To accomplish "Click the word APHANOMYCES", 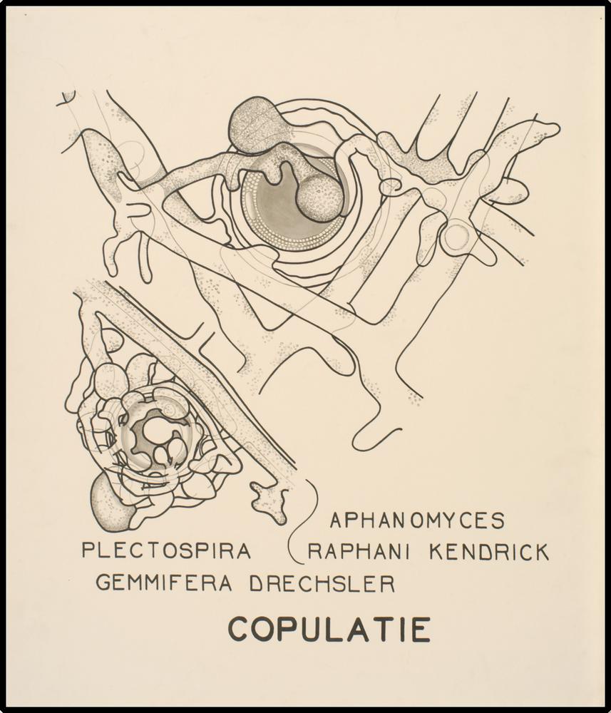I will coord(417,520).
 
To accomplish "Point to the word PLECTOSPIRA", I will coord(166,550).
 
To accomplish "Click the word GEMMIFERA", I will coord(164,583).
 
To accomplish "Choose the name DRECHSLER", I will coord(322,584).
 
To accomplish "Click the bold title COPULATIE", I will coord(329,630).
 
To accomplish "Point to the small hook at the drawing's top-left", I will coord(68,98).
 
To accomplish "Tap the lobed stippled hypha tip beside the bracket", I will coord(269,500).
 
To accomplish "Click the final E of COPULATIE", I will coord(421,630).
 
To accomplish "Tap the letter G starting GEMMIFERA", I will coord(103,583).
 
